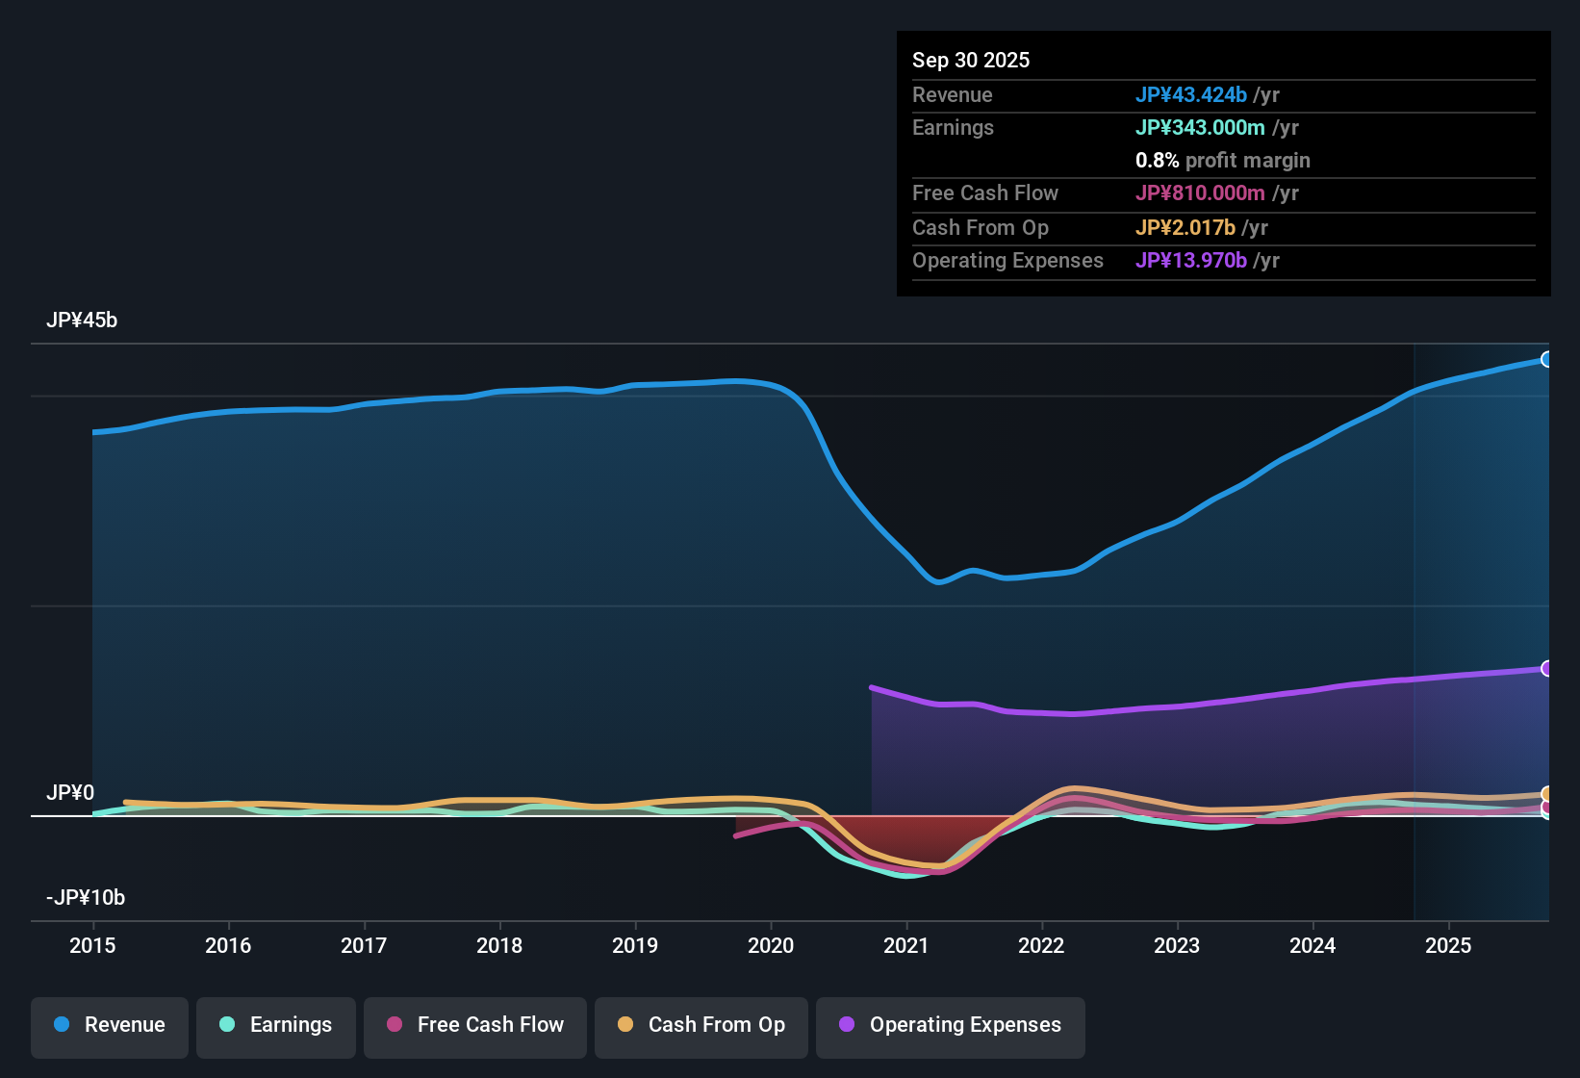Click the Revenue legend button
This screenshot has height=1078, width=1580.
110,1025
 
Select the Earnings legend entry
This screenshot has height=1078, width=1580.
276,1025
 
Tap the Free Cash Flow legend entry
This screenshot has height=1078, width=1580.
475,1025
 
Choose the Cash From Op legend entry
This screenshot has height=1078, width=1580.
701,1025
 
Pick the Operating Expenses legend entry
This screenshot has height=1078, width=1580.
951,1025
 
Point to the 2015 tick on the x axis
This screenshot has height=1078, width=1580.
92,945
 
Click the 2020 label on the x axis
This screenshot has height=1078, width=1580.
771,945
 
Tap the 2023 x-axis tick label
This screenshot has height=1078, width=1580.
1177,945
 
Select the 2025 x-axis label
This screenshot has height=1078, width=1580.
1448,945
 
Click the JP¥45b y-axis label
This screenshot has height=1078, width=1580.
82,321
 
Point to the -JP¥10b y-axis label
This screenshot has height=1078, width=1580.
86,898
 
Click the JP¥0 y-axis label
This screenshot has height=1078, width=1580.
70,793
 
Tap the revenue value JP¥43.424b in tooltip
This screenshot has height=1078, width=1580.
1191,95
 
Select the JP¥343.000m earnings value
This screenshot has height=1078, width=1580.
1200,128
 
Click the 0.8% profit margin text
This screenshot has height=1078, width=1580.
1222,161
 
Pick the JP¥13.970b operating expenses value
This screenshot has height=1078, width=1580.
1191,261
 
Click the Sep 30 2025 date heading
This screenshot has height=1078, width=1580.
971,61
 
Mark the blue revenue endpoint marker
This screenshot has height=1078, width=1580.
1546,359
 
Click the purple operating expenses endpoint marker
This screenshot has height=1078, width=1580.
1546,668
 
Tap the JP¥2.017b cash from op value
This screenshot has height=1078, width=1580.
1185,228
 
